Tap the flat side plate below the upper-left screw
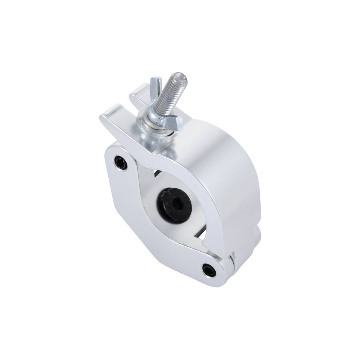click(x=122, y=202)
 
